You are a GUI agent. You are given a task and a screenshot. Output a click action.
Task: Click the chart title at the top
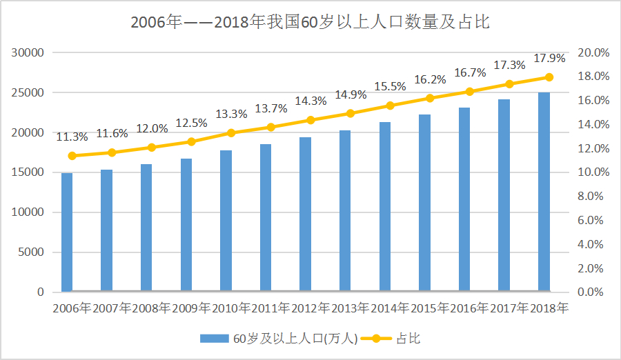[x=310, y=22]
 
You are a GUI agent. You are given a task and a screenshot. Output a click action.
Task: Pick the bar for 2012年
[x=305, y=214]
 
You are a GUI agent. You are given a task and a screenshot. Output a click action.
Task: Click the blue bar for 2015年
[x=424, y=203]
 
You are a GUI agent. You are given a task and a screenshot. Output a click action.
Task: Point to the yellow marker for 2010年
[x=231, y=132]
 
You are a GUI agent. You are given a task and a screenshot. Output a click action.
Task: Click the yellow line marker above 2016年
[x=469, y=92]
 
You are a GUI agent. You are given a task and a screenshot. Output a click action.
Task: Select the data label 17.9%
[x=549, y=58]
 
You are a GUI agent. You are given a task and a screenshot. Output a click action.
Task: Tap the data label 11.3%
[x=72, y=137]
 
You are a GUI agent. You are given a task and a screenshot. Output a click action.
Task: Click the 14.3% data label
[x=310, y=101]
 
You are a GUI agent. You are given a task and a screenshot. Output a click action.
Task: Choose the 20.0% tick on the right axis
[x=593, y=53]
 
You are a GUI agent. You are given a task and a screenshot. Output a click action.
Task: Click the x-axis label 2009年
[x=191, y=308]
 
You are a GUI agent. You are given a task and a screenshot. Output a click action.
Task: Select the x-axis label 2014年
[x=390, y=308]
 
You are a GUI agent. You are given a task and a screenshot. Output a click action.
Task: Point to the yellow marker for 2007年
[x=112, y=152]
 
